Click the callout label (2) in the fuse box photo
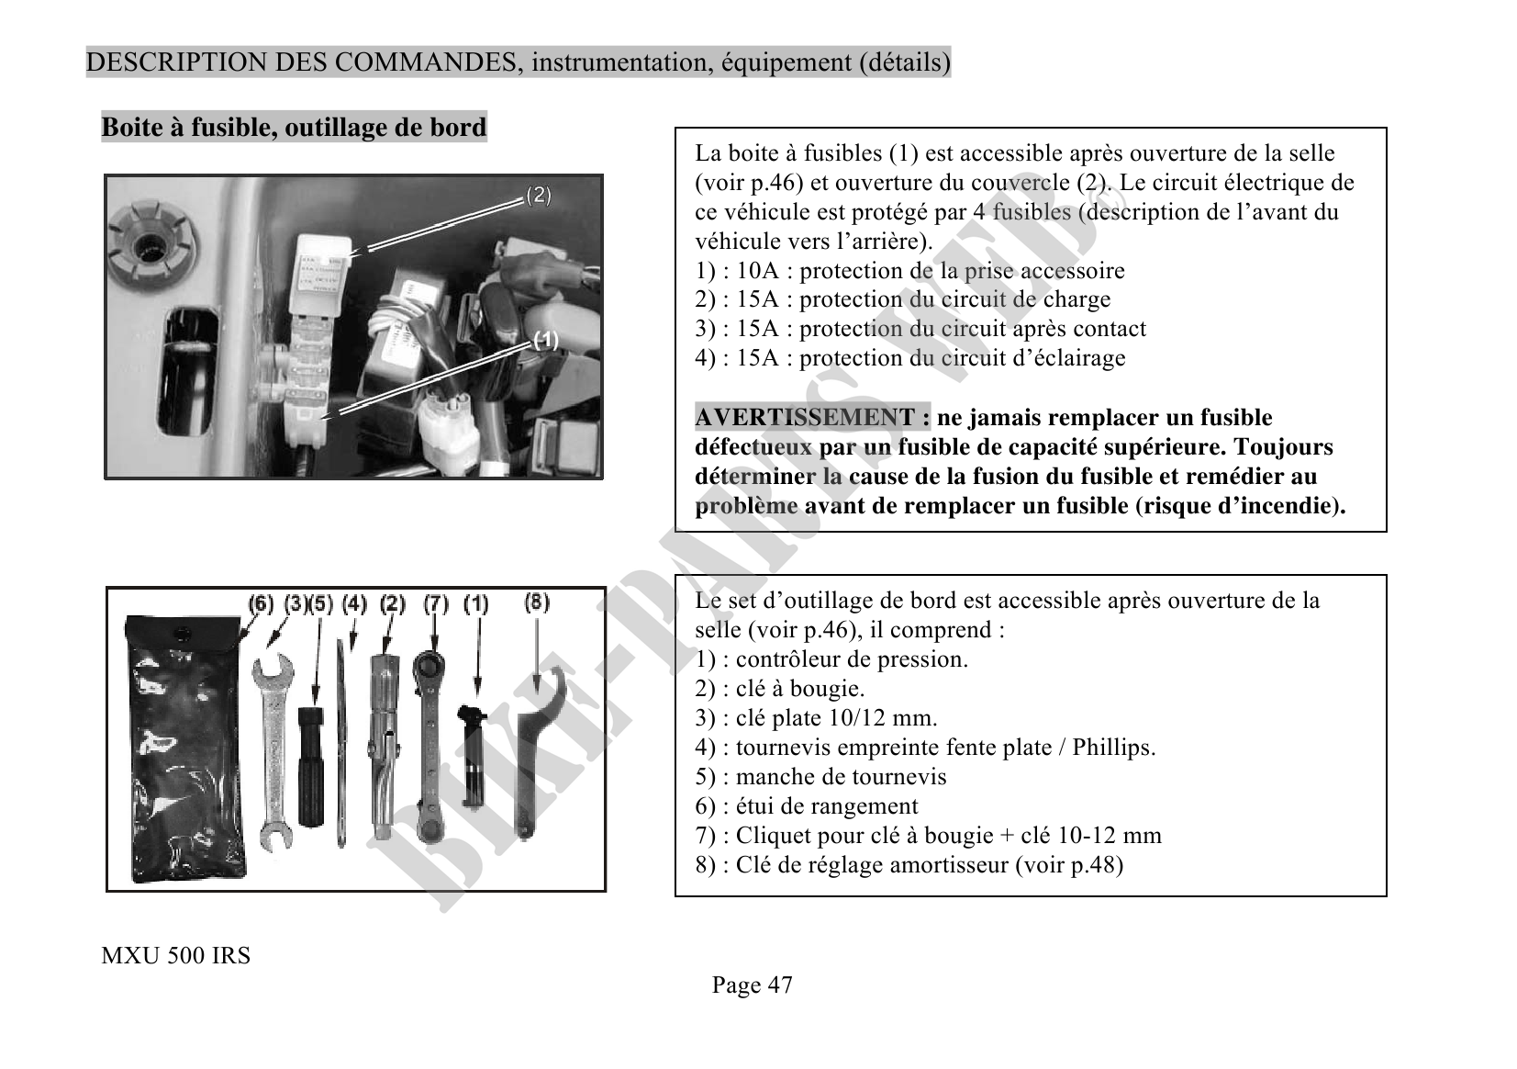click(x=538, y=196)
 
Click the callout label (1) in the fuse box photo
click(x=545, y=341)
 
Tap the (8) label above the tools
click(x=537, y=602)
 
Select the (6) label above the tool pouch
click(x=262, y=604)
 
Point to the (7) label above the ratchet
click(x=436, y=604)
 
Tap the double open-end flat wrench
click(x=273, y=748)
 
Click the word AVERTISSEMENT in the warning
click(x=805, y=418)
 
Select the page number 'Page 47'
click(x=752, y=985)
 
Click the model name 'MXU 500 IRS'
click(x=175, y=956)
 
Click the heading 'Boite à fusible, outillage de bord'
click(x=294, y=127)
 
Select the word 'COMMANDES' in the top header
click(x=418, y=62)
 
